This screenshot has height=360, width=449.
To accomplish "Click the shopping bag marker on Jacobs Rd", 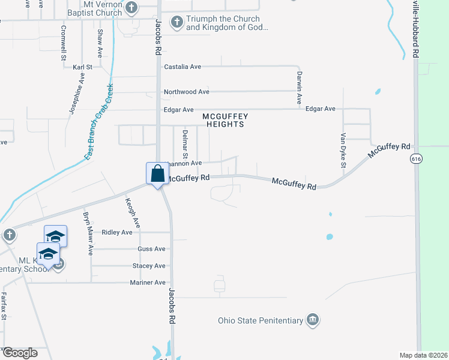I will coord(157,174).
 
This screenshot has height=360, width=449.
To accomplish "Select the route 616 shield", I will coord(416,159).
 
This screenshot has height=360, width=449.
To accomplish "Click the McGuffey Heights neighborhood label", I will coord(225,120).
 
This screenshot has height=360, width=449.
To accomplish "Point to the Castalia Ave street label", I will coord(182,67).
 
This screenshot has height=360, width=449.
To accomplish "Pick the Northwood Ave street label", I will coord(186,92).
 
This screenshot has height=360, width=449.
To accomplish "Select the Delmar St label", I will coord(185,143).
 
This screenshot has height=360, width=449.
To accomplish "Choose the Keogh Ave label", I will coord(133,213).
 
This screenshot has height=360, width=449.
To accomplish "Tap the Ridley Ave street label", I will coord(117,232).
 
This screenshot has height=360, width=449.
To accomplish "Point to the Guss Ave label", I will coord(151,249).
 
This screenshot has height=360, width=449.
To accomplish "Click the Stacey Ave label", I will coord(149,266).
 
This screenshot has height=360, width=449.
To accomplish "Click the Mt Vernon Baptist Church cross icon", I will coord(132,8).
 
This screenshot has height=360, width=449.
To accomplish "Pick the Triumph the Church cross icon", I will coord(176,23).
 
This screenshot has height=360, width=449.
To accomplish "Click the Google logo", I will coord(20,353).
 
